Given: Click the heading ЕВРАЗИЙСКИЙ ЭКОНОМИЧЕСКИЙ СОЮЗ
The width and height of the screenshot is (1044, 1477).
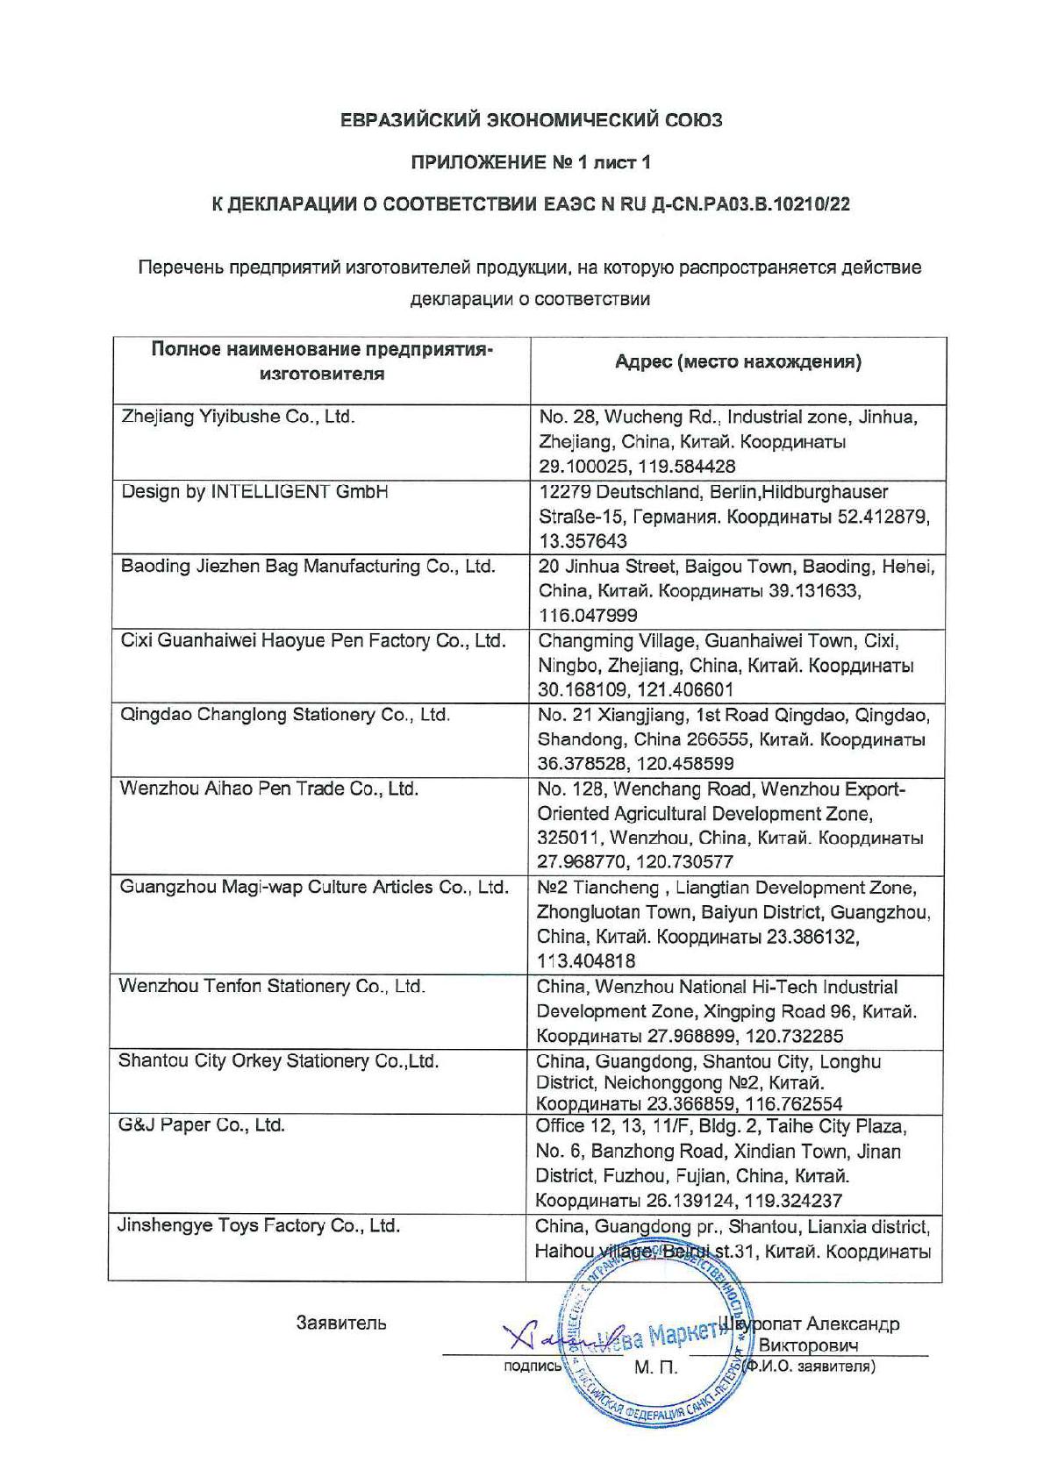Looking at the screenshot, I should [x=532, y=120].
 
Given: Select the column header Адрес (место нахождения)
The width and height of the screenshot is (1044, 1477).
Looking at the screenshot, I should [x=738, y=361].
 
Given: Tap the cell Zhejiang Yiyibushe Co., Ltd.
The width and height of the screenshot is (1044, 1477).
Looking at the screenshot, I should [x=238, y=417].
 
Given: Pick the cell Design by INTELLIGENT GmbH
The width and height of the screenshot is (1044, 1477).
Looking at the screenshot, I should [x=254, y=491].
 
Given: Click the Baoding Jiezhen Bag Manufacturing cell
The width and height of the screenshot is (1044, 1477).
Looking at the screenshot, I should [x=308, y=566].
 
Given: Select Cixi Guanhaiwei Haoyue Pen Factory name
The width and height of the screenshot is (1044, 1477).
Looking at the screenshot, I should [x=313, y=640].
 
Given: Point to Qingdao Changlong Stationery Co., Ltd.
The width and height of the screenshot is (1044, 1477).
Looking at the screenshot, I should [x=285, y=714].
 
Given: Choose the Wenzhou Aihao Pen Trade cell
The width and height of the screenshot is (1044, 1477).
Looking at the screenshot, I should [x=268, y=788].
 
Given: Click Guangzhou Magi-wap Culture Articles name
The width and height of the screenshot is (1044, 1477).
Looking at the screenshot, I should [x=314, y=887].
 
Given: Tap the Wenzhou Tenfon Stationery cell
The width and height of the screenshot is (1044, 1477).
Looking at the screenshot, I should [x=272, y=986].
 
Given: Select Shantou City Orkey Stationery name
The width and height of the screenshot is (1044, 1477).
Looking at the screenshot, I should [x=278, y=1060].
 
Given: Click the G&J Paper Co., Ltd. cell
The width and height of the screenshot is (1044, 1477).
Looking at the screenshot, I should [x=202, y=1124].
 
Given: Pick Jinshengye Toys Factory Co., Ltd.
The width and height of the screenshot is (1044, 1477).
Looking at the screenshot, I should [x=259, y=1225].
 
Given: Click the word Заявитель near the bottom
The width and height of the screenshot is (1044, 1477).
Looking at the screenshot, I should [x=341, y=1323].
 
